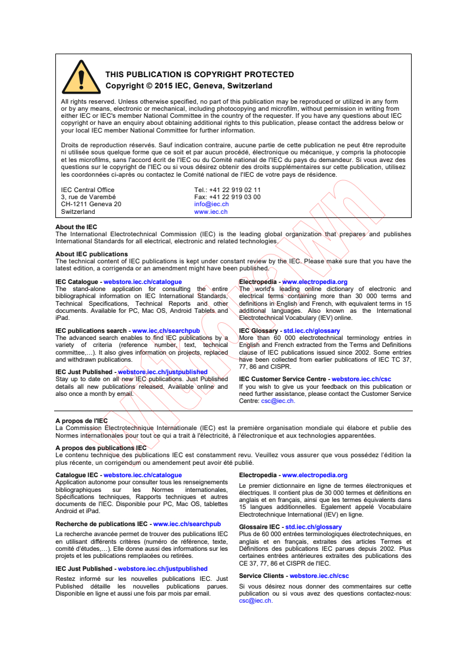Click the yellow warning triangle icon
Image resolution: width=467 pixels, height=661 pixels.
(81, 78)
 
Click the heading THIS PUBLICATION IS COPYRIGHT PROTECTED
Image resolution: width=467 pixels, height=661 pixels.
(199, 75)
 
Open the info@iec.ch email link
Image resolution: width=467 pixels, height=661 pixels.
(211, 204)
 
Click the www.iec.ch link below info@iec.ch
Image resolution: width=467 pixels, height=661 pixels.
(211, 211)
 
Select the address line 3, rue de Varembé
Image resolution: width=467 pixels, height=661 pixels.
(88, 197)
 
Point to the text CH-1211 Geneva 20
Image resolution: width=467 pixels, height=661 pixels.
(91, 204)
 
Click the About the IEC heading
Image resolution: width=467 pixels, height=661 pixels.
(77, 227)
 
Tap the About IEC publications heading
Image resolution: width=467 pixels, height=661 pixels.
(91, 255)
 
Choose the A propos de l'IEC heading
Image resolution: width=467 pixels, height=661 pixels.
(81, 421)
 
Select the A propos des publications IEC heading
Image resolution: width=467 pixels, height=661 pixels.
(101, 448)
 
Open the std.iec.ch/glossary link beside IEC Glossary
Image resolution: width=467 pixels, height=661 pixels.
(312, 331)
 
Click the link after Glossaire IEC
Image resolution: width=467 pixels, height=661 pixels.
(313, 527)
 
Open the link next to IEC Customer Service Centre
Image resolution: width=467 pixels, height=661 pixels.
(361, 379)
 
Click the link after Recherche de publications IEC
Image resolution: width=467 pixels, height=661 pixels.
(187, 524)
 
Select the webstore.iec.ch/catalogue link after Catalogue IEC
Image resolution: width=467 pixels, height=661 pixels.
(143, 475)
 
